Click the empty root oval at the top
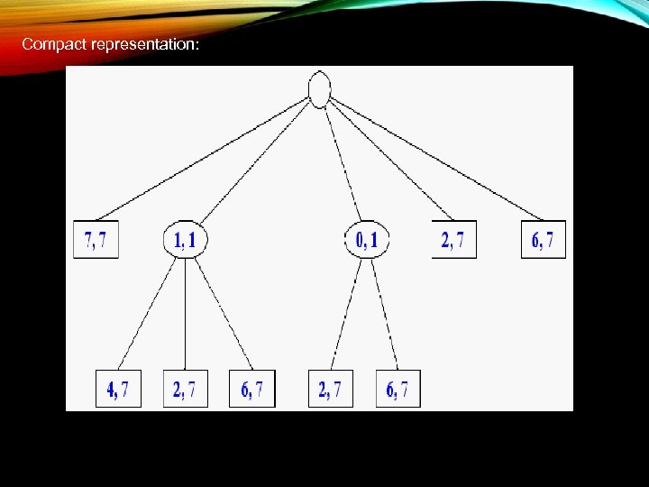pyautogui.click(x=319, y=88)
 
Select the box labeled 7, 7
pyautogui.click(x=96, y=240)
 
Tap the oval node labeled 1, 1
pyautogui.click(x=186, y=240)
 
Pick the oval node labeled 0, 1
pyautogui.click(x=367, y=240)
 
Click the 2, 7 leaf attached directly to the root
pyautogui.click(x=453, y=240)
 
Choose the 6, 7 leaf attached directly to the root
pyautogui.click(x=544, y=240)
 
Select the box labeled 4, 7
pyautogui.click(x=118, y=389)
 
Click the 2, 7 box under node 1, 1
pyautogui.click(x=185, y=389)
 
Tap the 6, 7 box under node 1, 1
pyautogui.click(x=252, y=389)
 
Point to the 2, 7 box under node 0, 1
pyautogui.click(x=331, y=389)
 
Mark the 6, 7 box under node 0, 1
pyautogui.click(x=398, y=389)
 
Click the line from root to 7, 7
pyautogui.click(x=203, y=159)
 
